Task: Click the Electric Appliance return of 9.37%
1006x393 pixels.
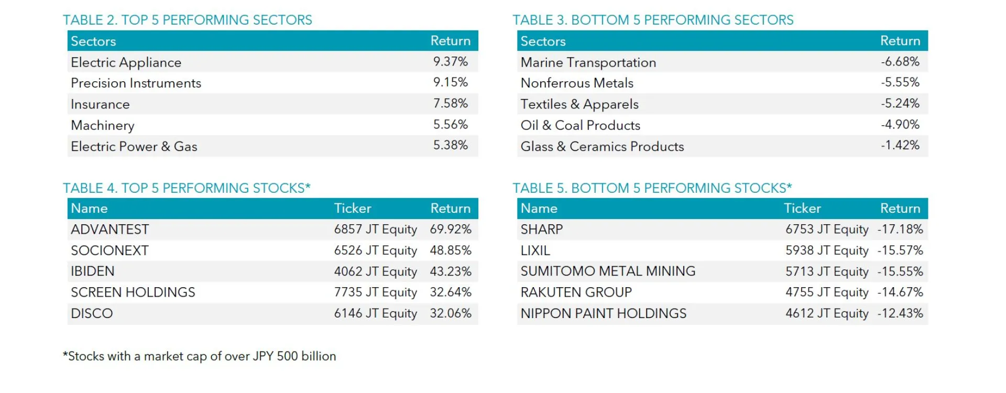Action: pyautogui.click(x=450, y=62)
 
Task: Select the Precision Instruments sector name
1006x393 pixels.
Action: pyautogui.click(x=136, y=83)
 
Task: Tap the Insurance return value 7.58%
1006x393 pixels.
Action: pyautogui.click(x=450, y=104)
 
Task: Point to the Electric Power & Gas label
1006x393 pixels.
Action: pyautogui.click(x=134, y=147)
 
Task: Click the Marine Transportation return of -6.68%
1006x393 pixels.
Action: pyautogui.click(x=900, y=62)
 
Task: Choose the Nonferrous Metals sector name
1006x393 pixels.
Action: pyautogui.click(x=577, y=83)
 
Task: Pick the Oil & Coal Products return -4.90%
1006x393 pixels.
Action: pyautogui.click(x=900, y=125)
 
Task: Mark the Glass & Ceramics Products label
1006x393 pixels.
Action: pyautogui.click(x=602, y=147)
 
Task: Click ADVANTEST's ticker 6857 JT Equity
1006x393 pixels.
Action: pyautogui.click(x=375, y=230)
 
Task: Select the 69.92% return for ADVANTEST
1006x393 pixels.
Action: pyautogui.click(x=451, y=230)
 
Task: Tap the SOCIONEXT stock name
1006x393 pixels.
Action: pyautogui.click(x=110, y=250)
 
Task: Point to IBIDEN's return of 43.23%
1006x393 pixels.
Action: pyautogui.click(x=451, y=271)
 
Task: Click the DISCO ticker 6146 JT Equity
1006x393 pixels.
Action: pyautogui.click(x=375, y=313)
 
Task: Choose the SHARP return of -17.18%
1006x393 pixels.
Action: pyautogui.click(x=900, y=230)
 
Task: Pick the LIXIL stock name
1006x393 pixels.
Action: pyautogui.click(x=535, y=250)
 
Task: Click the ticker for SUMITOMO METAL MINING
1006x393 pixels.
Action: pyautogui.click(x=826, y=271)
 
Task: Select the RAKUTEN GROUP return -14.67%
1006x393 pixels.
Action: pyautogui.click(x=900, y=292)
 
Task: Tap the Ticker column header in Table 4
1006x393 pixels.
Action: pyautogui.click(x=352, y=209)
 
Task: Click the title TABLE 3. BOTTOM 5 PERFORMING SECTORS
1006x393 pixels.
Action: pyautogui.click(x=652, y=20)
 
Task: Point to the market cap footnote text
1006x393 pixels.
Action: pyautogui.click(x=199, y=356)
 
